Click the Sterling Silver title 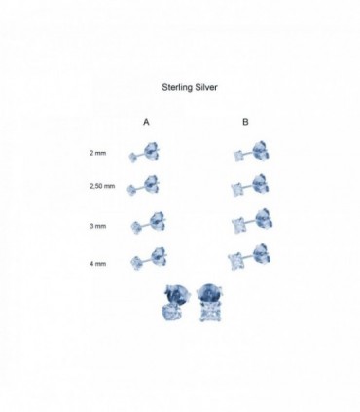coord(190,87)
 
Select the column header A coord(146,122)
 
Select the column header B coord(245,122)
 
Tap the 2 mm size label coord(98,153)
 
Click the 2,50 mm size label coord(102,186)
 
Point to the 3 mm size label coord(98,226)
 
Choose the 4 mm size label coord(98,264)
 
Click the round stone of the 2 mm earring coord(132,158)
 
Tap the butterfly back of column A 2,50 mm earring coord(151,185)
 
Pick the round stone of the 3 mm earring coord(135,226)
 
